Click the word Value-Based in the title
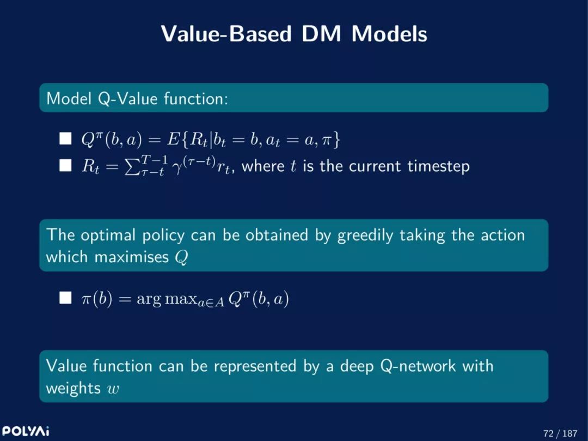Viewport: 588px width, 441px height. point(226,33)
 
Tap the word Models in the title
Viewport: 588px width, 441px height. point(389,33)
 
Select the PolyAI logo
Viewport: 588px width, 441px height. point(25,431)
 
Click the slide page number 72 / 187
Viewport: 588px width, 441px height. point(560,433)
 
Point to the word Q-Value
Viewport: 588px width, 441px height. point(127,98)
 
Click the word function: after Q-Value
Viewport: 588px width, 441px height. point(196,98)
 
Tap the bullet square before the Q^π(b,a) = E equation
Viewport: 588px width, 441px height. point(65,138)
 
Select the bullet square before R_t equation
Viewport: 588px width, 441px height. point(65,165)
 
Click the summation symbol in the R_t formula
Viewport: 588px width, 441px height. point(131,166)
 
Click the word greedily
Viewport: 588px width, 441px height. point(365,235)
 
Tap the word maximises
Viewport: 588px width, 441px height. point(132,257)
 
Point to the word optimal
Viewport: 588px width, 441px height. point(108,235)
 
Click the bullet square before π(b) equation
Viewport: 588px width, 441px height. point(65,298)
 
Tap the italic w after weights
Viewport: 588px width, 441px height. point(113,389)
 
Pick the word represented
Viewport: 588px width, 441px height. point(255,366)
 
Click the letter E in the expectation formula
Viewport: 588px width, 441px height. point(173,139)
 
